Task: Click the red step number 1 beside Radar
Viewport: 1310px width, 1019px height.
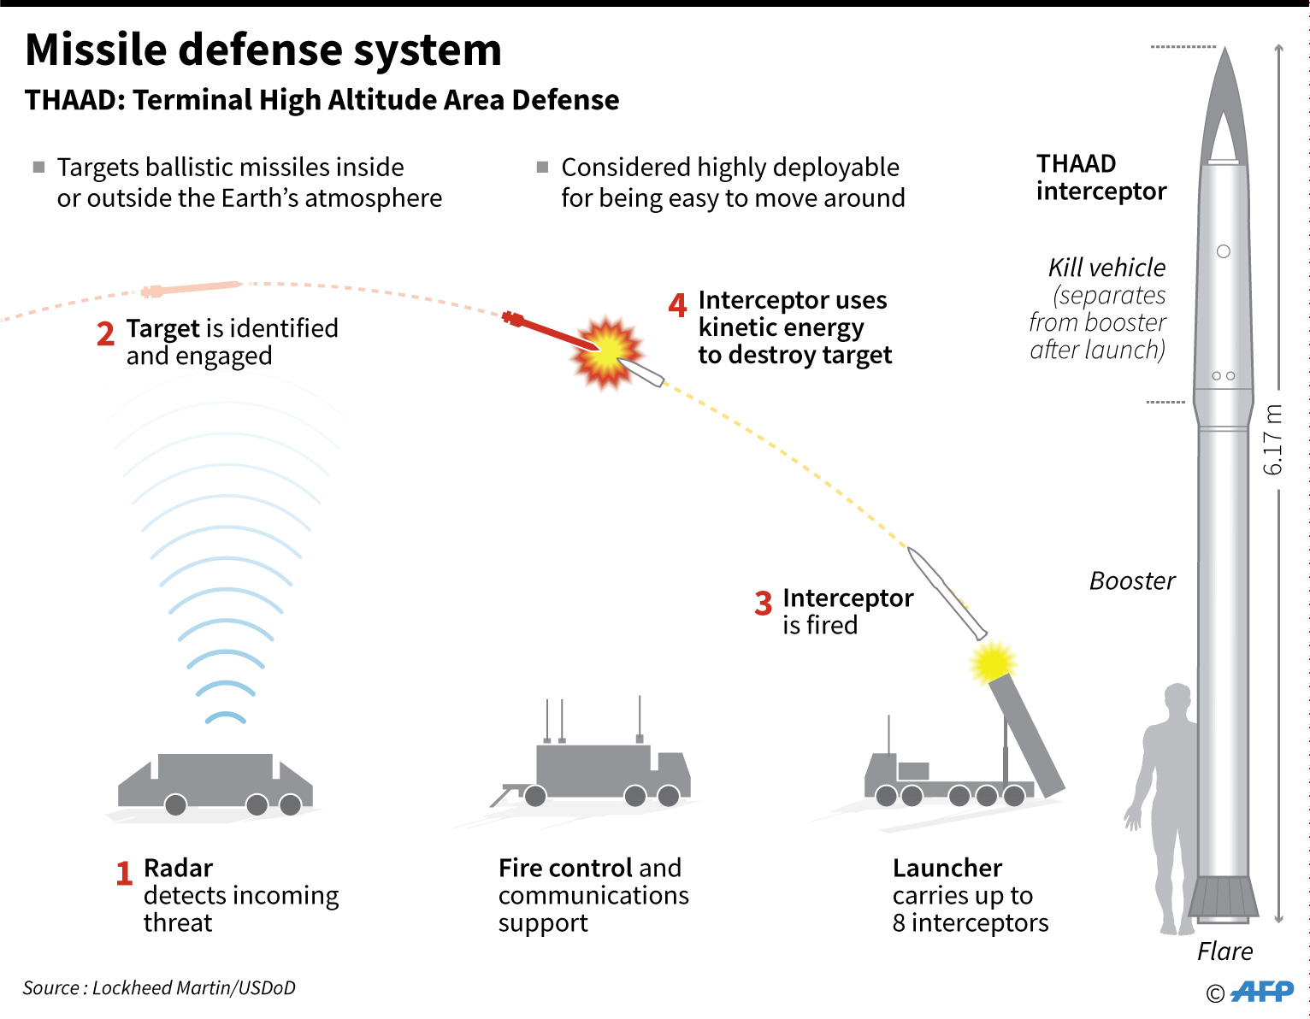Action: click(x=124, y=873)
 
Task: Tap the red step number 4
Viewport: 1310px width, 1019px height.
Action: click(x=677, y=304)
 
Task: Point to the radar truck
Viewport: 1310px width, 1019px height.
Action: click(x=215, y=781)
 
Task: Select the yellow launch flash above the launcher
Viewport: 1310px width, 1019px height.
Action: click(x=992, y=661)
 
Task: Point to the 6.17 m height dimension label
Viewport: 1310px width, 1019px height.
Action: click(x=1273, y=439)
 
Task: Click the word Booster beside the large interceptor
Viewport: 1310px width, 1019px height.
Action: click(x=1132, y=581)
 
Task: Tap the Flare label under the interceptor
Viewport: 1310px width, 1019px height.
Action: click(x=1224, y=951)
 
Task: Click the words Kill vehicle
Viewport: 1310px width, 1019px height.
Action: click(x=1106, y=268)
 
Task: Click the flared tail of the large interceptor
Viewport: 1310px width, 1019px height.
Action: click(x=1224, y=898)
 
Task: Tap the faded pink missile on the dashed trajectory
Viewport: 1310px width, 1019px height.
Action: click(x=192, y=289)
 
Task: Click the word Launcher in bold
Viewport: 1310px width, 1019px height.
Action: click(x=947, y=869)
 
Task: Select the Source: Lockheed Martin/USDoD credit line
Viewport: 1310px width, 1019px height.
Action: click(x=159, y=988)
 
